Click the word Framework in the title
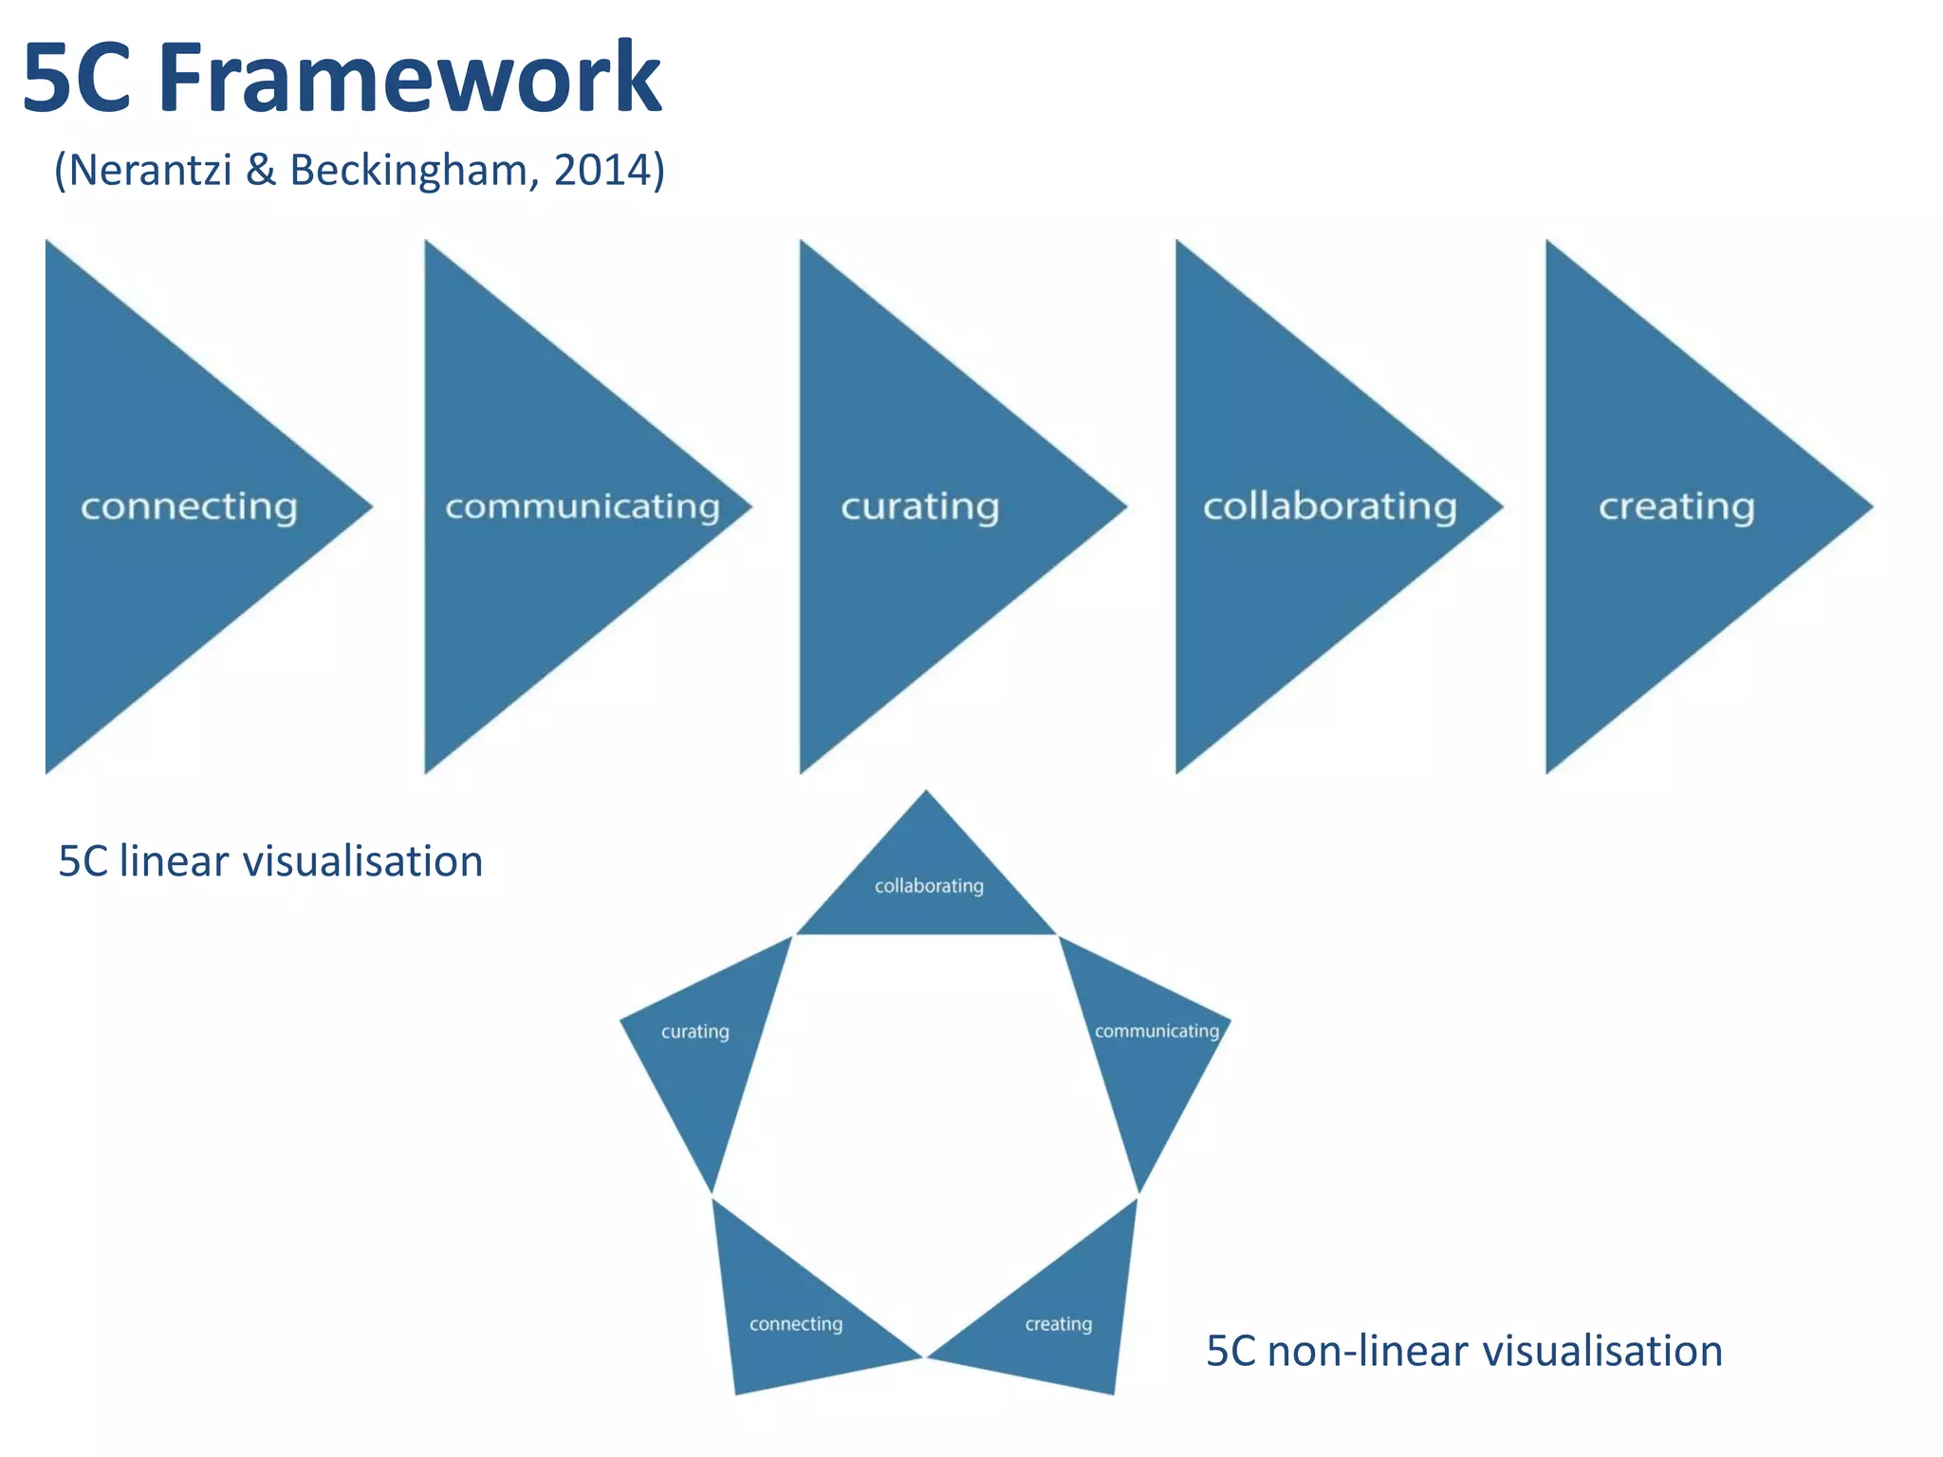tap(410, 78)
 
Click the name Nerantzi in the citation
tap(150, 171)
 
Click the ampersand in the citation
tap(260, 171)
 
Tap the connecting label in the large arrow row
tap(189, 507)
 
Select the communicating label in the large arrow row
tap(583, 507)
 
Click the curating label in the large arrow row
tap(919, 507)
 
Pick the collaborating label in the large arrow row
tap(1329, 507)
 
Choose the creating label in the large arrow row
tap(1676, 507)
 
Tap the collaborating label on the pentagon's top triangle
tap(929, 886)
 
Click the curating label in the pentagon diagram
tap(694, 1031)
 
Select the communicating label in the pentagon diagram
tap(1157, 1031)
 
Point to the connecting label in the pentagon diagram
tap(795, 1324)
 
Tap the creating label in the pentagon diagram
tap(1058, 1324)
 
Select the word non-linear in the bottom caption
tap(1358, 1351)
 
